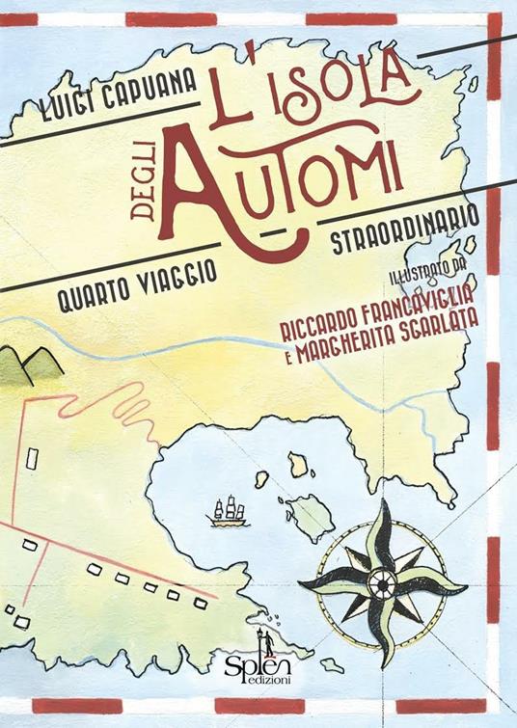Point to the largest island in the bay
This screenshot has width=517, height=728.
click(311, 526)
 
